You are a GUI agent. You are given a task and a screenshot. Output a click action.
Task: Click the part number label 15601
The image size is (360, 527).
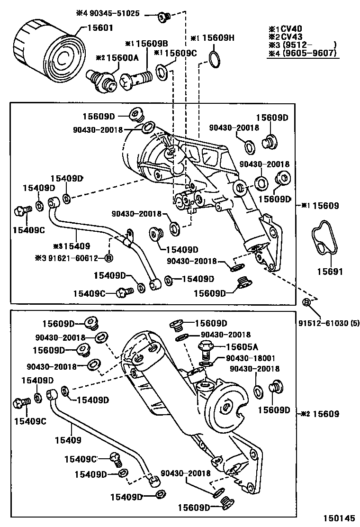pyautogui.click(x=100, y=28)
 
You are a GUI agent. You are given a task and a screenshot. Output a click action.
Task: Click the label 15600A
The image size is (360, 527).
pyautogui.click(x=122, y=57)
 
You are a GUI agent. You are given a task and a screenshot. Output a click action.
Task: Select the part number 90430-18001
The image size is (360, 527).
pyautogui.click(x=250, y=358)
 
